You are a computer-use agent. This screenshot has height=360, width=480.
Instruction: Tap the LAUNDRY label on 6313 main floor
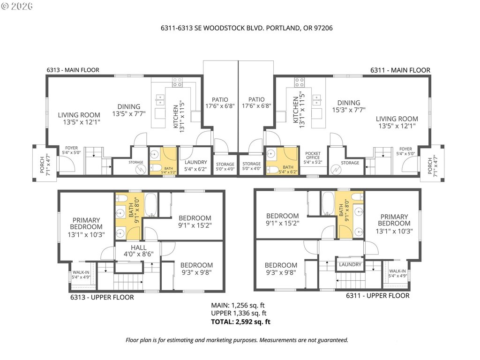click(x=195, y=162)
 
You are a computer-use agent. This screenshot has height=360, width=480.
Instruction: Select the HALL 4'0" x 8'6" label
click(x=139, y=251)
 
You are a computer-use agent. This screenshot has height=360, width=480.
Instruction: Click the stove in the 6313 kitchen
click(x=177, y=82)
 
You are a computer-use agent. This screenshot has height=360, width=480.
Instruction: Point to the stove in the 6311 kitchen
click(x=300, y=82)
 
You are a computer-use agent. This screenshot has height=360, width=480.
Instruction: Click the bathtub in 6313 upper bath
click(x=150, y=204)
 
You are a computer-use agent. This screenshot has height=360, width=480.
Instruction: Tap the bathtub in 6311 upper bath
click(x=328, y=204)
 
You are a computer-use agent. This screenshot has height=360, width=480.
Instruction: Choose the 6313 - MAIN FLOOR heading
click(x=73, y=70)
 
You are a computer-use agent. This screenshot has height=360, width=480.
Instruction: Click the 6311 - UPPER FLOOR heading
click(x=378, y=296)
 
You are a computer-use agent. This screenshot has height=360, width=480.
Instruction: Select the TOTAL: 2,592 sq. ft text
click(x=240, y=322)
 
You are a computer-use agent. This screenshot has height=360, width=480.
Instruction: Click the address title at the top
click(x=247, y=28)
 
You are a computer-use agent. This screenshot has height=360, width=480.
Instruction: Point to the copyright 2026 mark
click(x=17, y=6)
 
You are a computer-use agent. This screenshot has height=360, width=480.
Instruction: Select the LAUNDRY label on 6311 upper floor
click(x=350, y=264)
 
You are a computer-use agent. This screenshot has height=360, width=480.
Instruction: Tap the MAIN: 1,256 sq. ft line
click(x=238, y=305)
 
